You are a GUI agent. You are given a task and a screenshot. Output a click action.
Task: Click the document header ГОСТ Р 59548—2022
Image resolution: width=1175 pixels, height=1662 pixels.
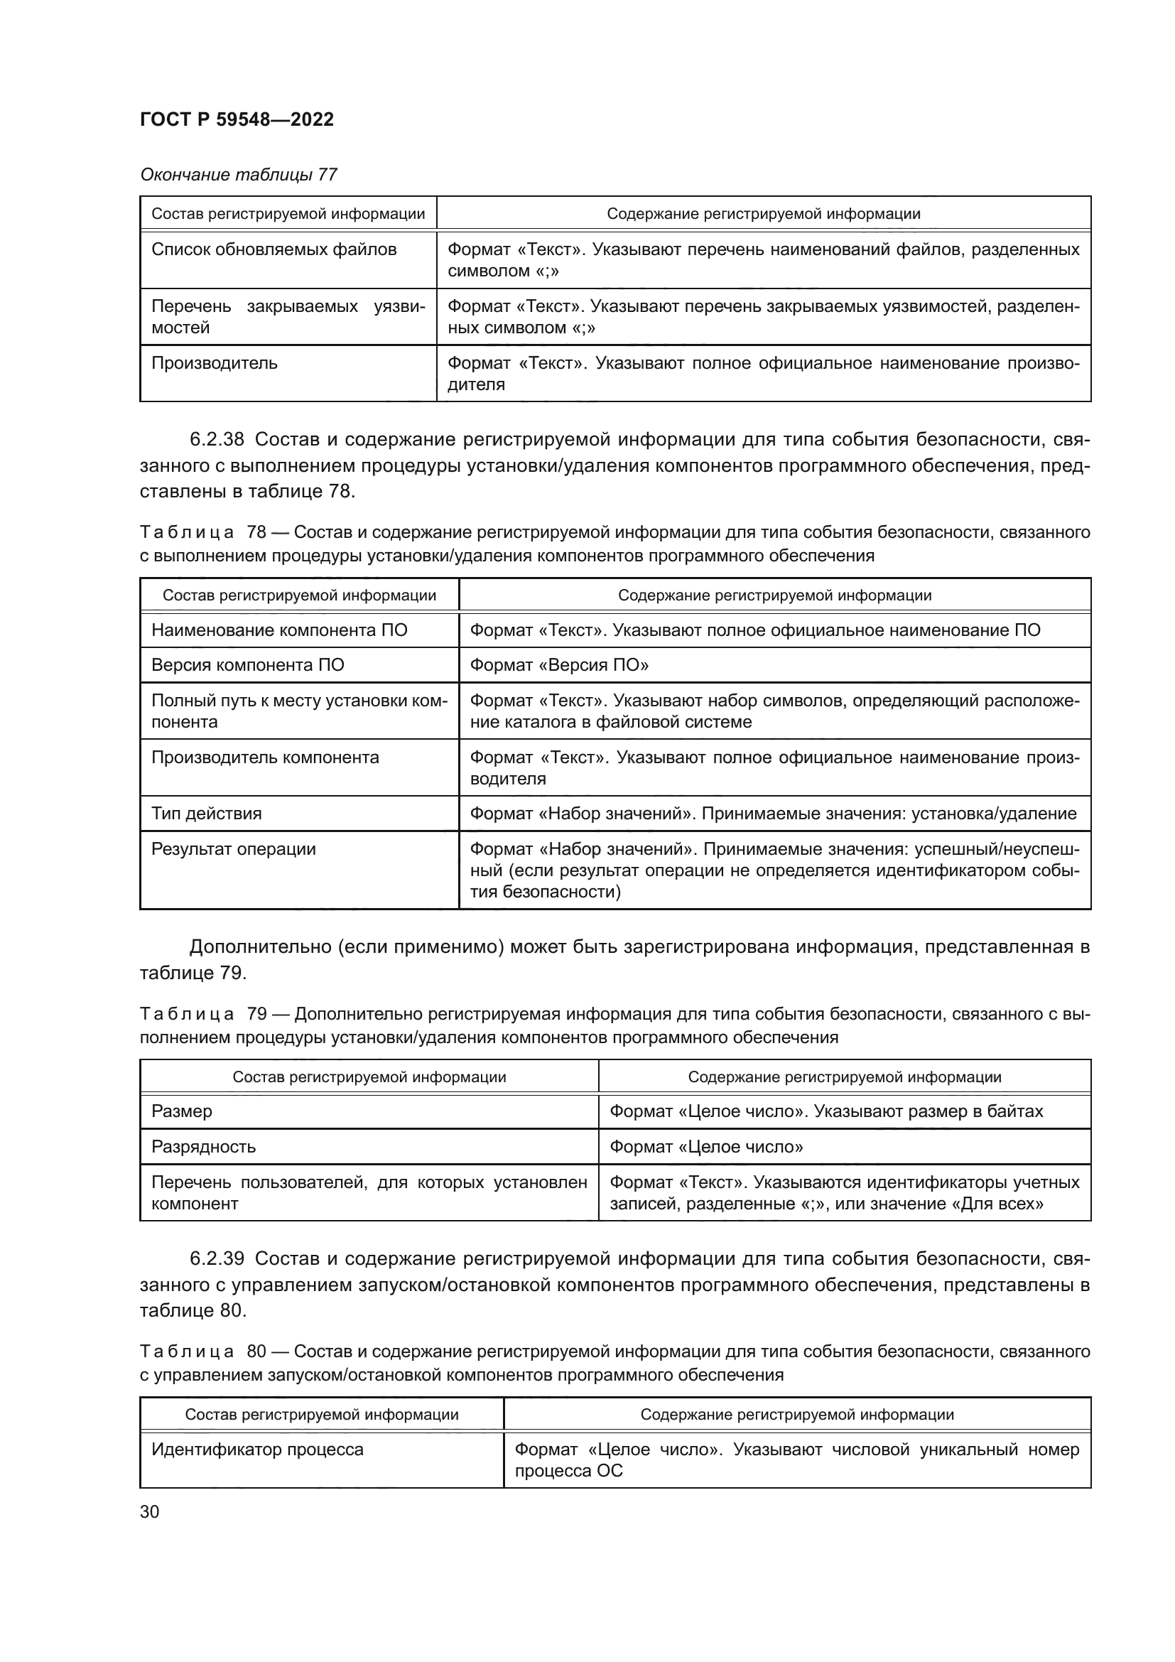pyautogui.click(x=237, y=119)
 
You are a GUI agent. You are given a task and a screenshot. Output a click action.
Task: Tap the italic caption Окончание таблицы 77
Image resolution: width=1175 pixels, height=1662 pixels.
pyautogui.click(x=238, y=175)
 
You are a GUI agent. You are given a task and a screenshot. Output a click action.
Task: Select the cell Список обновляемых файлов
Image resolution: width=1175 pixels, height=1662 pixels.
pyautogui.click(x=274, y=249)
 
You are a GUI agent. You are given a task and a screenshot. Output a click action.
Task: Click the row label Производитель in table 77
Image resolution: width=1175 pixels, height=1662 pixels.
pyautogui.click(x=214, y=362)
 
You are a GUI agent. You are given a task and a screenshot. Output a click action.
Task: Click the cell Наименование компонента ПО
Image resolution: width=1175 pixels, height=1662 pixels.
pyautogui.click(x=279, y=630)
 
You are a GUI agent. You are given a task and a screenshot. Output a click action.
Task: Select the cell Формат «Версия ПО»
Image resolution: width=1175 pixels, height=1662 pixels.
pyautogui.click(x=558, y=664)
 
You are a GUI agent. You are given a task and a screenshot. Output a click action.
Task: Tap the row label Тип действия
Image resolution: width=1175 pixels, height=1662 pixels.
pyautogui.click(x=206, y=813)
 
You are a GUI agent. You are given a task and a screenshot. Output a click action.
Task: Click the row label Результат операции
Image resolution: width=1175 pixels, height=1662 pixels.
pyautogui.click(x=233, y=848)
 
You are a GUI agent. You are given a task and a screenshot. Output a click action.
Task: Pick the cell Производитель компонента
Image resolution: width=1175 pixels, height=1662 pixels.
pyautogui.click(x=265, y=757)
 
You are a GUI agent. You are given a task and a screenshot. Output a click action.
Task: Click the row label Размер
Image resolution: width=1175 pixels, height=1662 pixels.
pyautogui.click(x=182, y=1111)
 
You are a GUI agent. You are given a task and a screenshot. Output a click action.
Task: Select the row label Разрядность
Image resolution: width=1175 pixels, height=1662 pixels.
pyautogui.click(x=203, y=1146)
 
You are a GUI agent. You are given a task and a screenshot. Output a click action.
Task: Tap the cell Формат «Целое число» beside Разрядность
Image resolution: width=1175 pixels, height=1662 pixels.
pyautogui.click(x=705, y=1146)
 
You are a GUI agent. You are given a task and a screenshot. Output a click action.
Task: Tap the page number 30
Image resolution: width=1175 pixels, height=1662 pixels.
pyautogui.click(x=149, y=1511)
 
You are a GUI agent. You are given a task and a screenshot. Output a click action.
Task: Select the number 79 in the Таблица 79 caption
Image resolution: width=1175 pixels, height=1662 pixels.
pyautogui.click(x=257, y=1013)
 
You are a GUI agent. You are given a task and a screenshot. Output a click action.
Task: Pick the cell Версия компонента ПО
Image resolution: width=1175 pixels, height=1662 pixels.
pyautogui.click(x=247, y=664)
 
